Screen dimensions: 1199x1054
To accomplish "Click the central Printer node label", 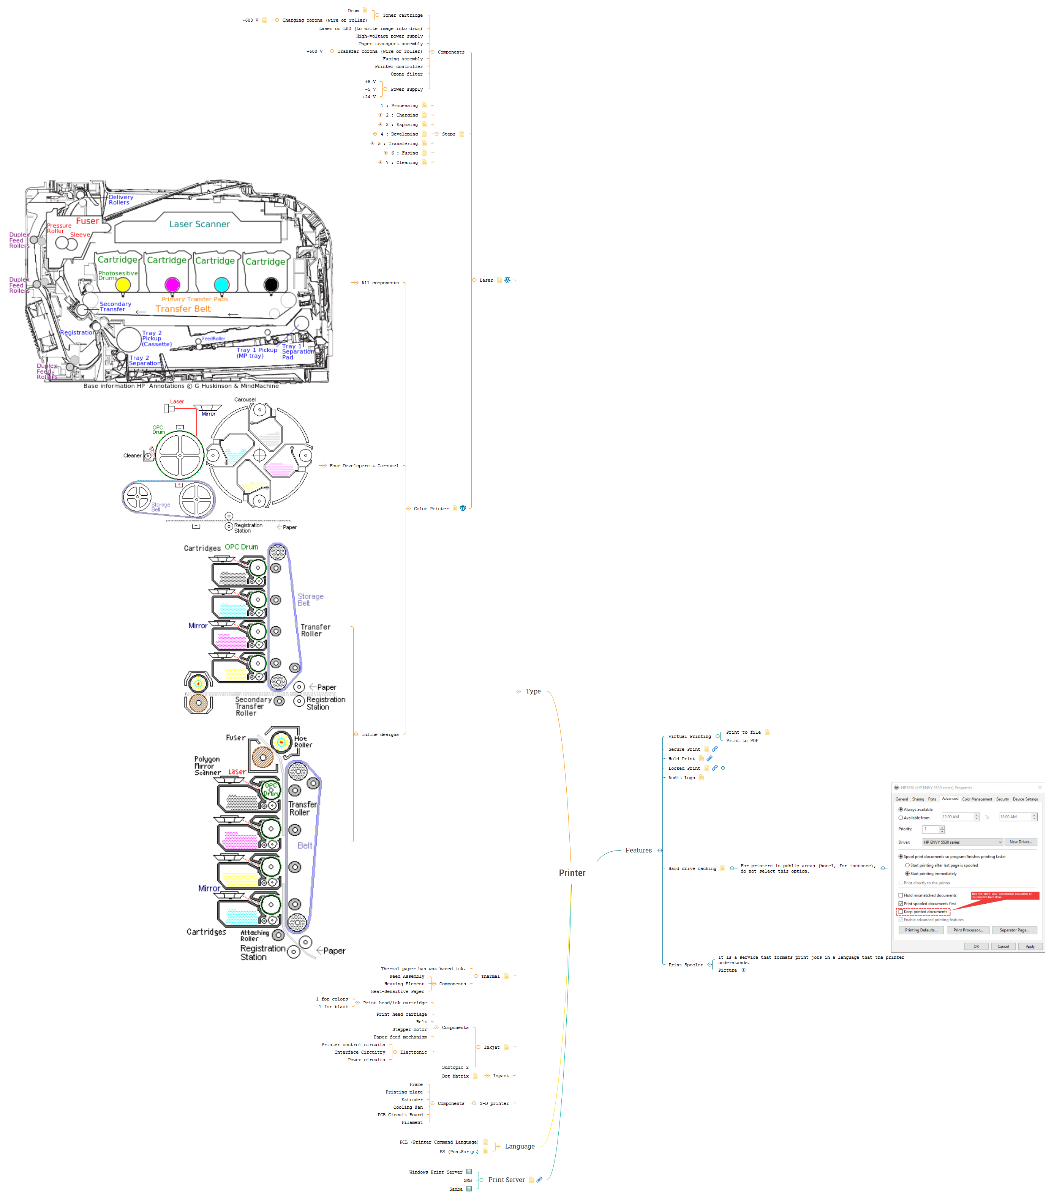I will [572, 873].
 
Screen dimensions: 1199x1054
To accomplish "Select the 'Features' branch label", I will [638, 850].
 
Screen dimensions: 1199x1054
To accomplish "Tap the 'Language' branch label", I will [519, 1146].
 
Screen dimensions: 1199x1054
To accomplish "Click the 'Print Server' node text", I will [506, 1180].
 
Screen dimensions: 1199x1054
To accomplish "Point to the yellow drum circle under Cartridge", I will [123, 285].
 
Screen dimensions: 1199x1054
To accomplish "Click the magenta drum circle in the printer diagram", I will [172, 285].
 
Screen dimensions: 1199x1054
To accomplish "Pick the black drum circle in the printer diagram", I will [271, 285].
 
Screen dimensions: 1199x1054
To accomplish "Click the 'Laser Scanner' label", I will [199, 224].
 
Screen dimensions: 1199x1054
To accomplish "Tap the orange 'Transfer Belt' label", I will [183, 309].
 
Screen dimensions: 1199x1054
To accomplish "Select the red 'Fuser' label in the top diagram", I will [87, 221].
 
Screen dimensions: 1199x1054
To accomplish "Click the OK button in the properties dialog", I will [976, 946].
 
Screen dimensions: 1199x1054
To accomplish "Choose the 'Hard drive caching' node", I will [692, 868].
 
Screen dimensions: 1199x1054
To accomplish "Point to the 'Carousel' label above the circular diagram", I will [245, 399].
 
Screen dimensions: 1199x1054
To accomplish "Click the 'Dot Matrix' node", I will [455, 1076].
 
